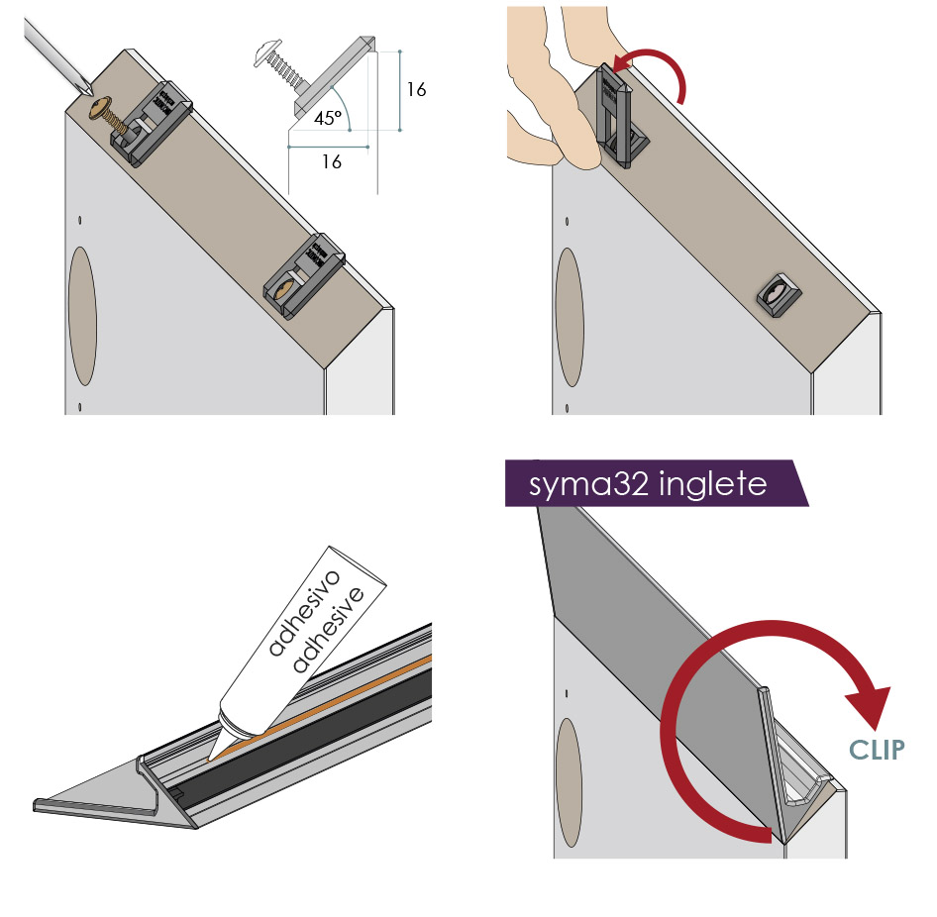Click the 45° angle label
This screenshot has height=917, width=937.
tap(328, 118)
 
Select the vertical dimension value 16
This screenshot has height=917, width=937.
tap(417, 89)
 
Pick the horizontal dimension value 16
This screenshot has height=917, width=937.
tap(332, 161)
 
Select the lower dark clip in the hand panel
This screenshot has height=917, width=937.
tap(780, 295)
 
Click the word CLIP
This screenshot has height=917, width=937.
tap(877, 751)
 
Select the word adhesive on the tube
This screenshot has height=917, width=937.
tap(328, 629)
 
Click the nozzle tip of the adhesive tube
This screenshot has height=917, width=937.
tap(210, 759)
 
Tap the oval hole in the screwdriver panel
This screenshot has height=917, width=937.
tap(82, 317)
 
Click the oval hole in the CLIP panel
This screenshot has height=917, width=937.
tap(569, 783)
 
